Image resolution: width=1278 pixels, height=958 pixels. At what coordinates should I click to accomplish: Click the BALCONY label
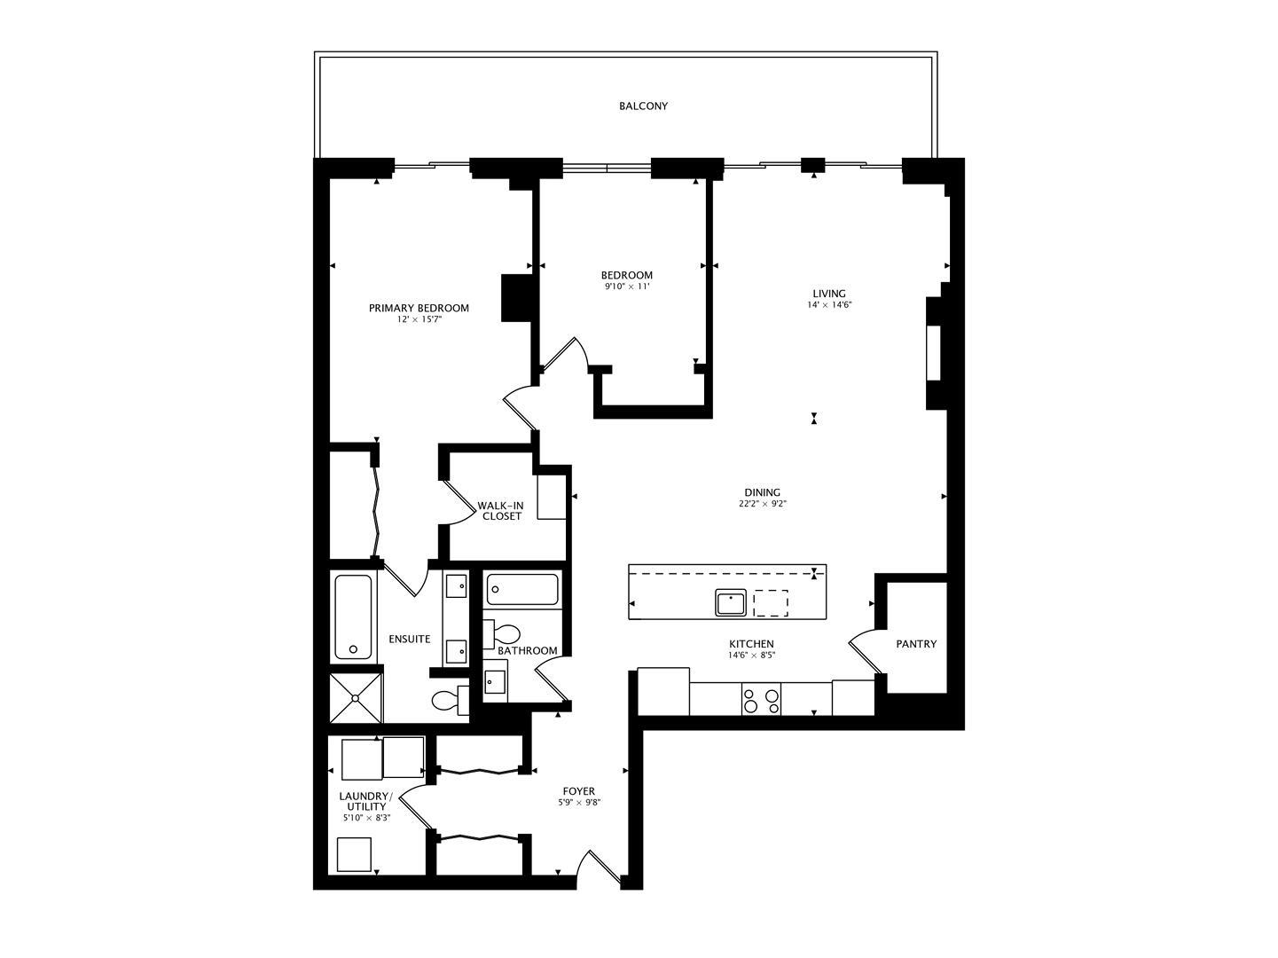643,106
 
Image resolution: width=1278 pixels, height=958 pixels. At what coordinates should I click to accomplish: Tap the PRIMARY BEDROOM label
419,308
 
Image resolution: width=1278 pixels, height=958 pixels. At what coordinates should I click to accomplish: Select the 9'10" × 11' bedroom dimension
627,287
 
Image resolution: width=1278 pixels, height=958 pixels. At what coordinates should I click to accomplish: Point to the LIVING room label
829,294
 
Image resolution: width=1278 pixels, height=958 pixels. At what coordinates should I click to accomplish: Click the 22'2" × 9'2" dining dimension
763,504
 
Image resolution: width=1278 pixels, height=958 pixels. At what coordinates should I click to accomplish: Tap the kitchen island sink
731,603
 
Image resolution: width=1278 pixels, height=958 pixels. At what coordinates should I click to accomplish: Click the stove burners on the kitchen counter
762,701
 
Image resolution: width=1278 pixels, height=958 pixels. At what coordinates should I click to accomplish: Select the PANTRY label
916,644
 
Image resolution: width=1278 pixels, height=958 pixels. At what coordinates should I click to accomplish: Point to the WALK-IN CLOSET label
501,511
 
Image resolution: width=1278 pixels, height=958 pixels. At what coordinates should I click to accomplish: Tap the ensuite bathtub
354,616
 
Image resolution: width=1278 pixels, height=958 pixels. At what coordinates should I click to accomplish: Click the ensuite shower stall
356,699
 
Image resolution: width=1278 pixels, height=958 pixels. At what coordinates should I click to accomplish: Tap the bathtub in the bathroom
523,589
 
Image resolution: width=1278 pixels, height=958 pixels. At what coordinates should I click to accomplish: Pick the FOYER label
579,791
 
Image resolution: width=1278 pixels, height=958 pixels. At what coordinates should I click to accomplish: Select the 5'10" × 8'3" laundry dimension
366,818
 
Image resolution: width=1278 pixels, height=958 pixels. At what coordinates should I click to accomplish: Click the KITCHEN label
751,644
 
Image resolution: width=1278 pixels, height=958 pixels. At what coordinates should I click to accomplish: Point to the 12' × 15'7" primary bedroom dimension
419,319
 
